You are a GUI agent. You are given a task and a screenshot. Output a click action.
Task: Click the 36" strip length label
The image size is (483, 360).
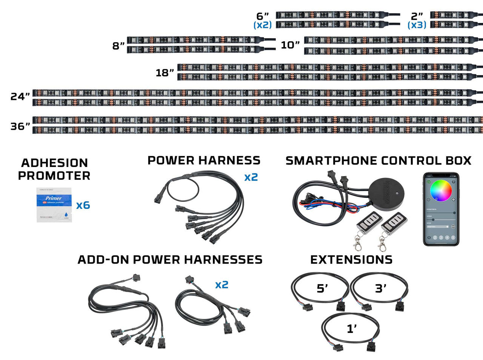click(x=20, y=126)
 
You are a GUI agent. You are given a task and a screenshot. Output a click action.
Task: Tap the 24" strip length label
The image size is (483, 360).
click(x=20, y=97)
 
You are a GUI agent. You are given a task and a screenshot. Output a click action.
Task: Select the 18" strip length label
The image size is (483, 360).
click(x=165, y=72)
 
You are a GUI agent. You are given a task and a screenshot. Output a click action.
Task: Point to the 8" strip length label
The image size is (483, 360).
click(x=118, y=46)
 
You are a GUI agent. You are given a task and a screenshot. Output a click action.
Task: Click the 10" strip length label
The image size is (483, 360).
click(x=290, y=45)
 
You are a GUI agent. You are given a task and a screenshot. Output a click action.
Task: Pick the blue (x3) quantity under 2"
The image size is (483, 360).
click(x=417, y=25)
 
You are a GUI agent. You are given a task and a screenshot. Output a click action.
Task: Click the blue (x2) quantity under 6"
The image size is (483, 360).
click(x=262, y=25)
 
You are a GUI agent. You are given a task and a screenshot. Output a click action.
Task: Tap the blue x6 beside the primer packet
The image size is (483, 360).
click(x=83, y=205)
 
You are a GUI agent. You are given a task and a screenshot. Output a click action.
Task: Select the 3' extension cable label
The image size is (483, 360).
click(x=380, y=289)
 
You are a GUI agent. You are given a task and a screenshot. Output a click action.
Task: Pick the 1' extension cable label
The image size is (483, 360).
click(x=352, y=329)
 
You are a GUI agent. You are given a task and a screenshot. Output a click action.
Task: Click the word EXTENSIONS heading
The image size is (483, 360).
click(x=351, y=259)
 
